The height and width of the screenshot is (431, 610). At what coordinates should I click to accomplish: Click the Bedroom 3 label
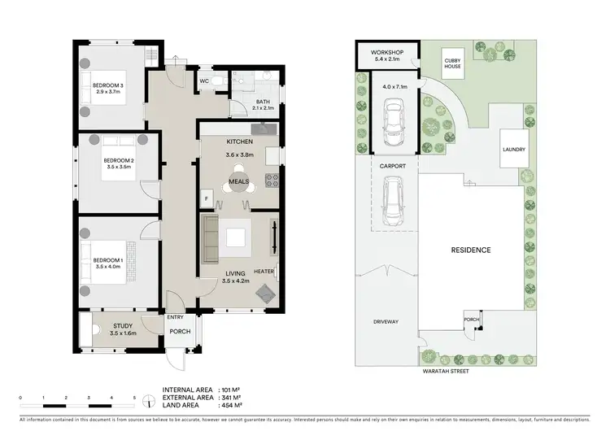(x=107, y=85)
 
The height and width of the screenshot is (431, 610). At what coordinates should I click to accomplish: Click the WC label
(x=205, y=81)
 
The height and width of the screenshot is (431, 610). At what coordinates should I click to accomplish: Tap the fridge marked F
(x=207, y=198)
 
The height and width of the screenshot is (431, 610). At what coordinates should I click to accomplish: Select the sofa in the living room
(x=210, y=237)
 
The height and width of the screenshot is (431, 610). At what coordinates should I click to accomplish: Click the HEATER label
(x=264, y=272)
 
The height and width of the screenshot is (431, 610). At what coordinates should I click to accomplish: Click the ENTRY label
(x=175, y=317)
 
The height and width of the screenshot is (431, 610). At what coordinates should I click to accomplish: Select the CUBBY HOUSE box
(x=452, y=63)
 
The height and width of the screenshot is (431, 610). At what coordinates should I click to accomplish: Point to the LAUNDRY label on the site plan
(x=514, y=150)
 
